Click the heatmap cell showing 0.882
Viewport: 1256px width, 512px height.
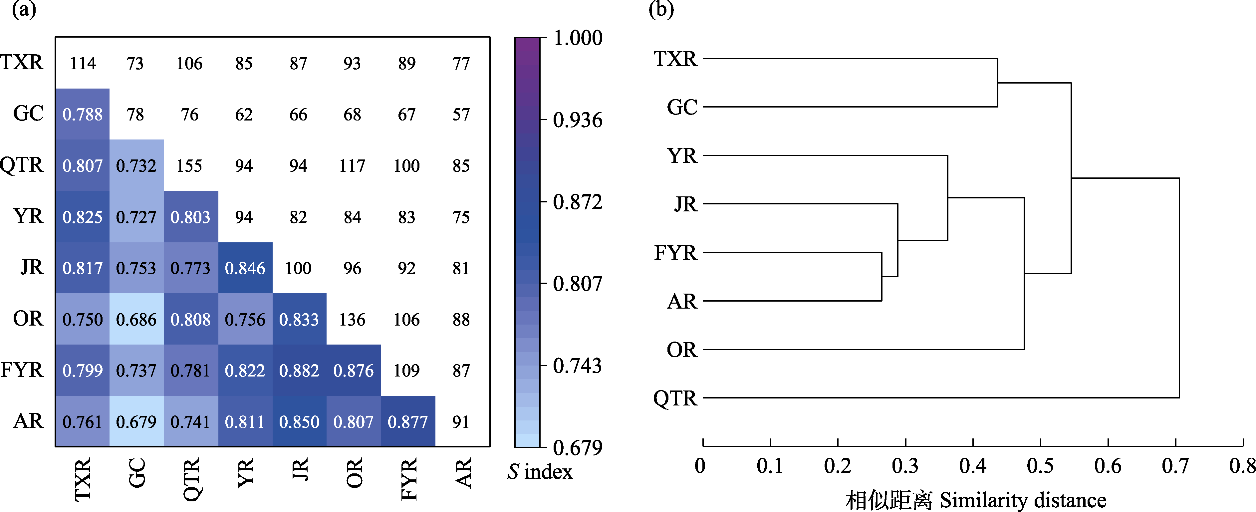point(299,371)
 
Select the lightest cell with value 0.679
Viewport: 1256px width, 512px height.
point(136,422)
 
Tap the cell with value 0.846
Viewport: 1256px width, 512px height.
point(245,268)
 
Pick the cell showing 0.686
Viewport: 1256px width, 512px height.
point(136,319)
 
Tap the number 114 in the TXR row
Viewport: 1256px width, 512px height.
point(83,63)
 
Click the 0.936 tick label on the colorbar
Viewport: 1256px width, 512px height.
point(578,120)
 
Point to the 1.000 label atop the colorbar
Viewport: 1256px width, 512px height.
point(578,38)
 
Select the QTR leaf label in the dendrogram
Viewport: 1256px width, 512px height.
point(675,398)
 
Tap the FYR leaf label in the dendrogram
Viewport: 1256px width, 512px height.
point(676,253)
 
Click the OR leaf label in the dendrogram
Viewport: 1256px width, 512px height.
point(682,350)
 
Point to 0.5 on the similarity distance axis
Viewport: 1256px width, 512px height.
point(1040,466)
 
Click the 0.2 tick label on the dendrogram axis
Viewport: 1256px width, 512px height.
point(838,466)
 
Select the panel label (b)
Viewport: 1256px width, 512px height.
point(661,9)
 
